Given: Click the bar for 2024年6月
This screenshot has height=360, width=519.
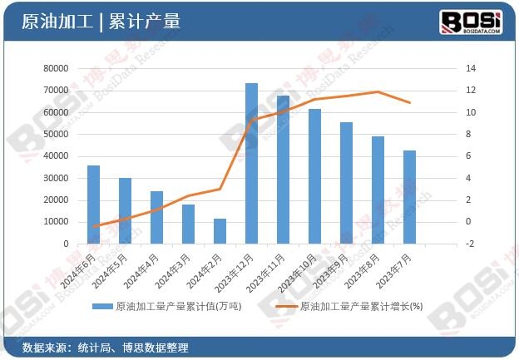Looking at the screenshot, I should pyautogui.click(x=93, y=205).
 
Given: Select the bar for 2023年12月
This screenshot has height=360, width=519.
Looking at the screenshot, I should pyautogui.click(x=251, y=164).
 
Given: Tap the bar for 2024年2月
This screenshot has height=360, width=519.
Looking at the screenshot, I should pyautogui.click(x=220, y=231).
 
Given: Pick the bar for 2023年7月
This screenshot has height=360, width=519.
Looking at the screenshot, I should pyautogui.click(x=409, y=197).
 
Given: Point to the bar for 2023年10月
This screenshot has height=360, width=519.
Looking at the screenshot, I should pyautogui.click(x=314, y=176).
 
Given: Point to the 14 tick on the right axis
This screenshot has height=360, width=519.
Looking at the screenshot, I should pyautogui.click(x=471, y=68).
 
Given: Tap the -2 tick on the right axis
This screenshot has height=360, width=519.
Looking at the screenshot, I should pyautogui.click(x=471, y=244).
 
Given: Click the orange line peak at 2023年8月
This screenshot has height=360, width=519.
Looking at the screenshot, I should pyautogui.click(x=378, y=91).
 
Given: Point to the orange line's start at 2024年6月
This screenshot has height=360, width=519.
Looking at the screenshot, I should pyautogui.click(x=93, y=226).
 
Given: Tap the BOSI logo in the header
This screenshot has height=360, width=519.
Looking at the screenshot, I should pyautogui.click(x=470, y=20).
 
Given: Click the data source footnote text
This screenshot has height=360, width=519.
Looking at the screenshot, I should pyautogui.click(x=105, y=347).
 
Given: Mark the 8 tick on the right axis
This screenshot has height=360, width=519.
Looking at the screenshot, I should pyautogui.click(x=469, y=134).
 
